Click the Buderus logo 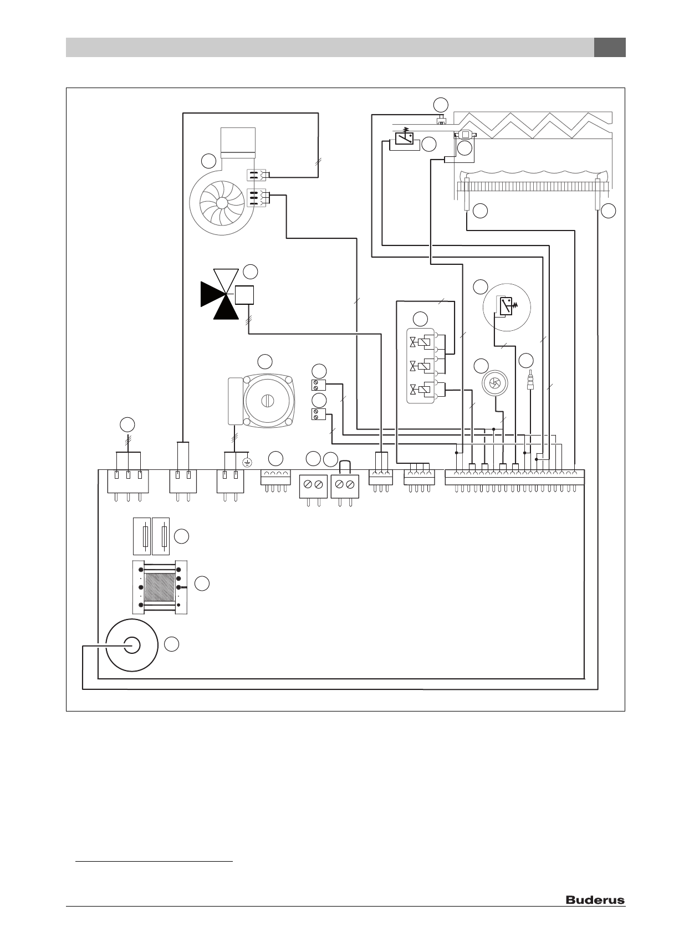[x=595, y=900]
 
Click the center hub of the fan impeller [x=222, y=203]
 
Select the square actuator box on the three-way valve [x=244, y=294]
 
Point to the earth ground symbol [x=248, y=462]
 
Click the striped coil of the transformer [x=160, y=587]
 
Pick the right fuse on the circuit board [x=161, y=536]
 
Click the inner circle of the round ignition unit [x=131, y=646]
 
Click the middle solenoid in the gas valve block [x=423, y=366]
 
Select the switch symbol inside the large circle [x=506, y=306]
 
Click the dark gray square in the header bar [x=610, y=48]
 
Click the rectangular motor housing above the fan [x=238, y=142]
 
